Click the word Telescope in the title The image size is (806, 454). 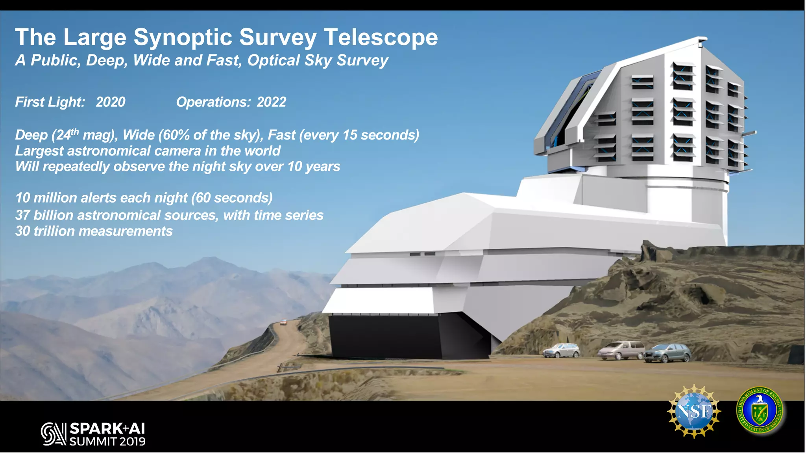tap(381, 37)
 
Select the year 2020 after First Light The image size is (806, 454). tap(111, 102)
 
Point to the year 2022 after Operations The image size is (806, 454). tap(271, 102)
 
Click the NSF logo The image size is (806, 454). tap(694, 411)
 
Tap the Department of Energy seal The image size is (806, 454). tap(760, 411)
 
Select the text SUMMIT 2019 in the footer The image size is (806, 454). tap(107, 441)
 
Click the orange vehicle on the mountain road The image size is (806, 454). tap(283, 323)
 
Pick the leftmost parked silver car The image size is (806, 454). tap(562, 350)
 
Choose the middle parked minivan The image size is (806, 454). tap(621, 350)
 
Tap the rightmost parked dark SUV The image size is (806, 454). tap(667, 353)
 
